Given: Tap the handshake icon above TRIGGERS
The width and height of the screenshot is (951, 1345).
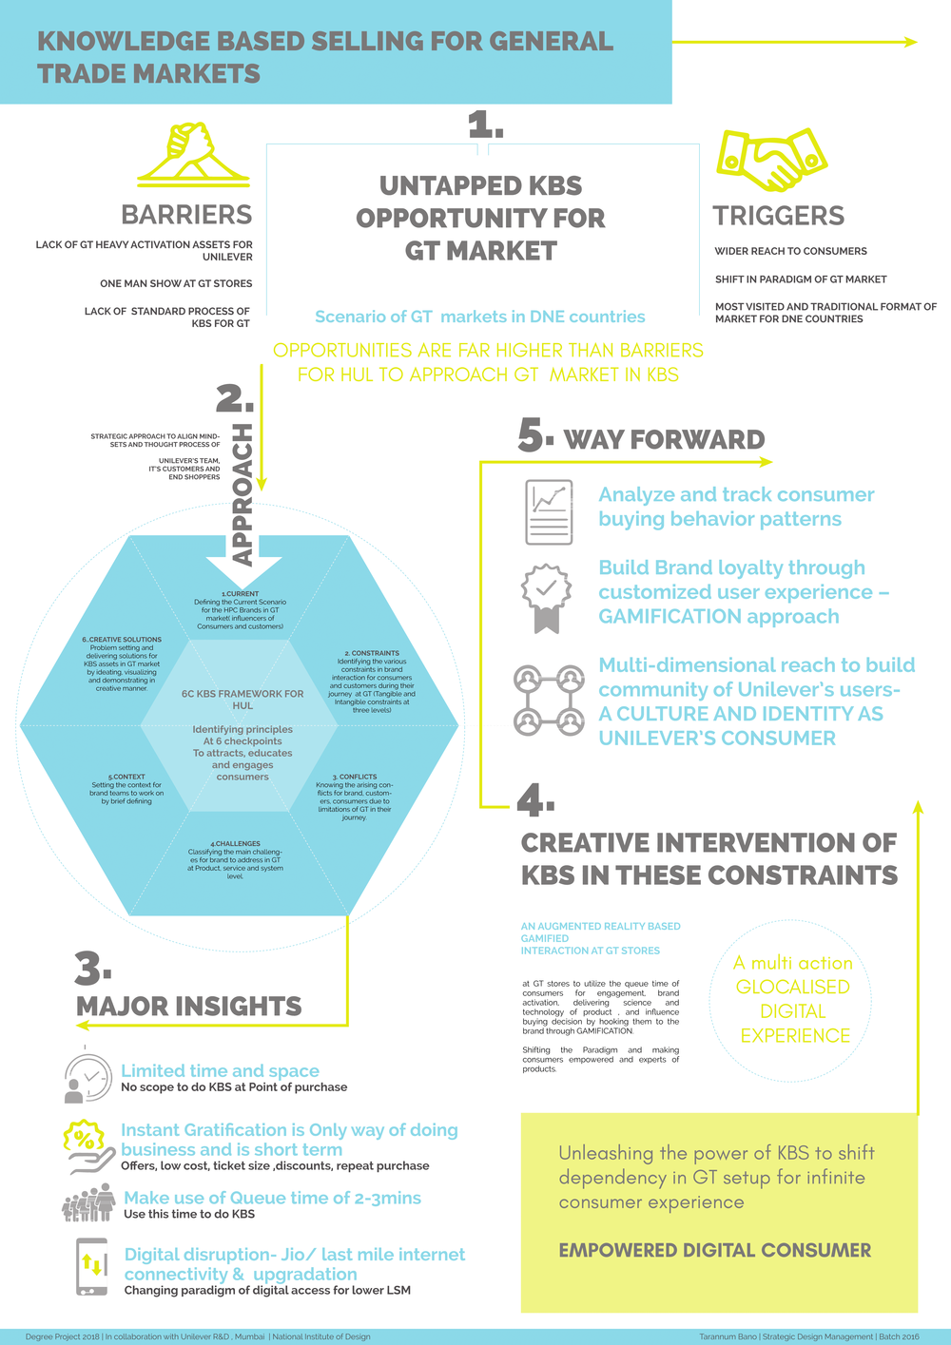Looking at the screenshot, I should [771, 159].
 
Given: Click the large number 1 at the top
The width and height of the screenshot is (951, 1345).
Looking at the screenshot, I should [484, 125].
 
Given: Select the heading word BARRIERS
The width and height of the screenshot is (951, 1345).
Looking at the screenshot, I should [186, 215].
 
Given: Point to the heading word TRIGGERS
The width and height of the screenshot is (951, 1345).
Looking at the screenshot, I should [779, 216].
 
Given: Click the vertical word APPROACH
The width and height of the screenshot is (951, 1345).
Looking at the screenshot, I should [243, 494].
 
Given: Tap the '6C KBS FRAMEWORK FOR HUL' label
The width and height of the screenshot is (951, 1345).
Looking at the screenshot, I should [243, 700].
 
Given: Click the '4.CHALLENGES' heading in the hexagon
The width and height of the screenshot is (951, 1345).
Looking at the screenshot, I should [236, 843].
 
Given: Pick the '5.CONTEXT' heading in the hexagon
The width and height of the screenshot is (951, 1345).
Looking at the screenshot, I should [126, 777].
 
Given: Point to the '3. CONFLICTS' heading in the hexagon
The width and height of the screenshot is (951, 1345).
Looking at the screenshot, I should [355, 777].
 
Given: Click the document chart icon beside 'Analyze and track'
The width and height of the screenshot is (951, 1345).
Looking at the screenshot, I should [549, 512].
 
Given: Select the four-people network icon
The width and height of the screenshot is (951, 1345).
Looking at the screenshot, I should [549, 701].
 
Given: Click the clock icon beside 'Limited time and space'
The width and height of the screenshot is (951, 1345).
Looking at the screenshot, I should [87, 1078].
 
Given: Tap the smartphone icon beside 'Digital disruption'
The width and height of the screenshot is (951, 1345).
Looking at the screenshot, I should [91, 1266].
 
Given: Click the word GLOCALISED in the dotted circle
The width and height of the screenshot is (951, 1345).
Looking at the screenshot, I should [792, 987].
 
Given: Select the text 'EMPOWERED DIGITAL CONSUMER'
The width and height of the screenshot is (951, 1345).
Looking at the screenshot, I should [714, 1250].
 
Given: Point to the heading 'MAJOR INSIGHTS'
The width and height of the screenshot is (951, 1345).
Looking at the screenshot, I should [189, 1007].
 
